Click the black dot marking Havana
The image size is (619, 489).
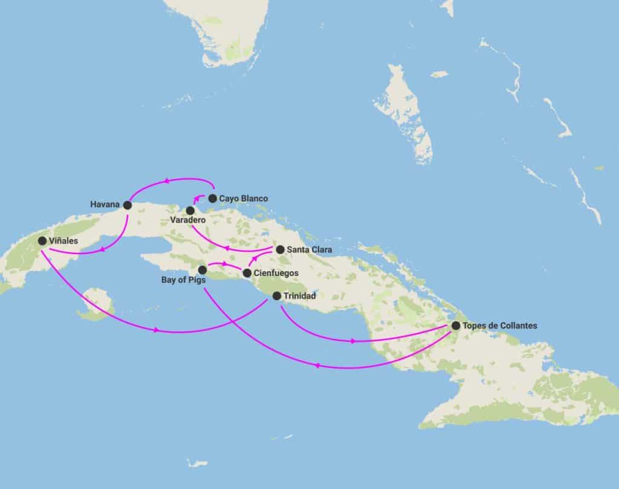[x=128, y=205]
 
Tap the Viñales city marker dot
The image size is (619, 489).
[x=42, y=241]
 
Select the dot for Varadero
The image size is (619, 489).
[x=190, y=210]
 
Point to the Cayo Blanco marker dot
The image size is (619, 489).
[x=212, y=198]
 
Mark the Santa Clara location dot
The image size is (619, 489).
[x=280, y=249]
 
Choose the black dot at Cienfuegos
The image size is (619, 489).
[x=247, y=273]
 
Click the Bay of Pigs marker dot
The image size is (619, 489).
[x=203, y=269]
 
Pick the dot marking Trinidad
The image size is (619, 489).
[x=276, y=296]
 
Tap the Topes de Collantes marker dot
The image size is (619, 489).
[x=455, y=326]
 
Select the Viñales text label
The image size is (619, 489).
[x=63, y=241]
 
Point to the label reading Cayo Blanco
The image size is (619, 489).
[x=244, y=199]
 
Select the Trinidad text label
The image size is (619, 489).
[x=299, y=296]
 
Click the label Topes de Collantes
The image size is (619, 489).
[x=499, y=326]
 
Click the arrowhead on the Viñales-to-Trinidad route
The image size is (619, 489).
[x=157, y=330]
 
